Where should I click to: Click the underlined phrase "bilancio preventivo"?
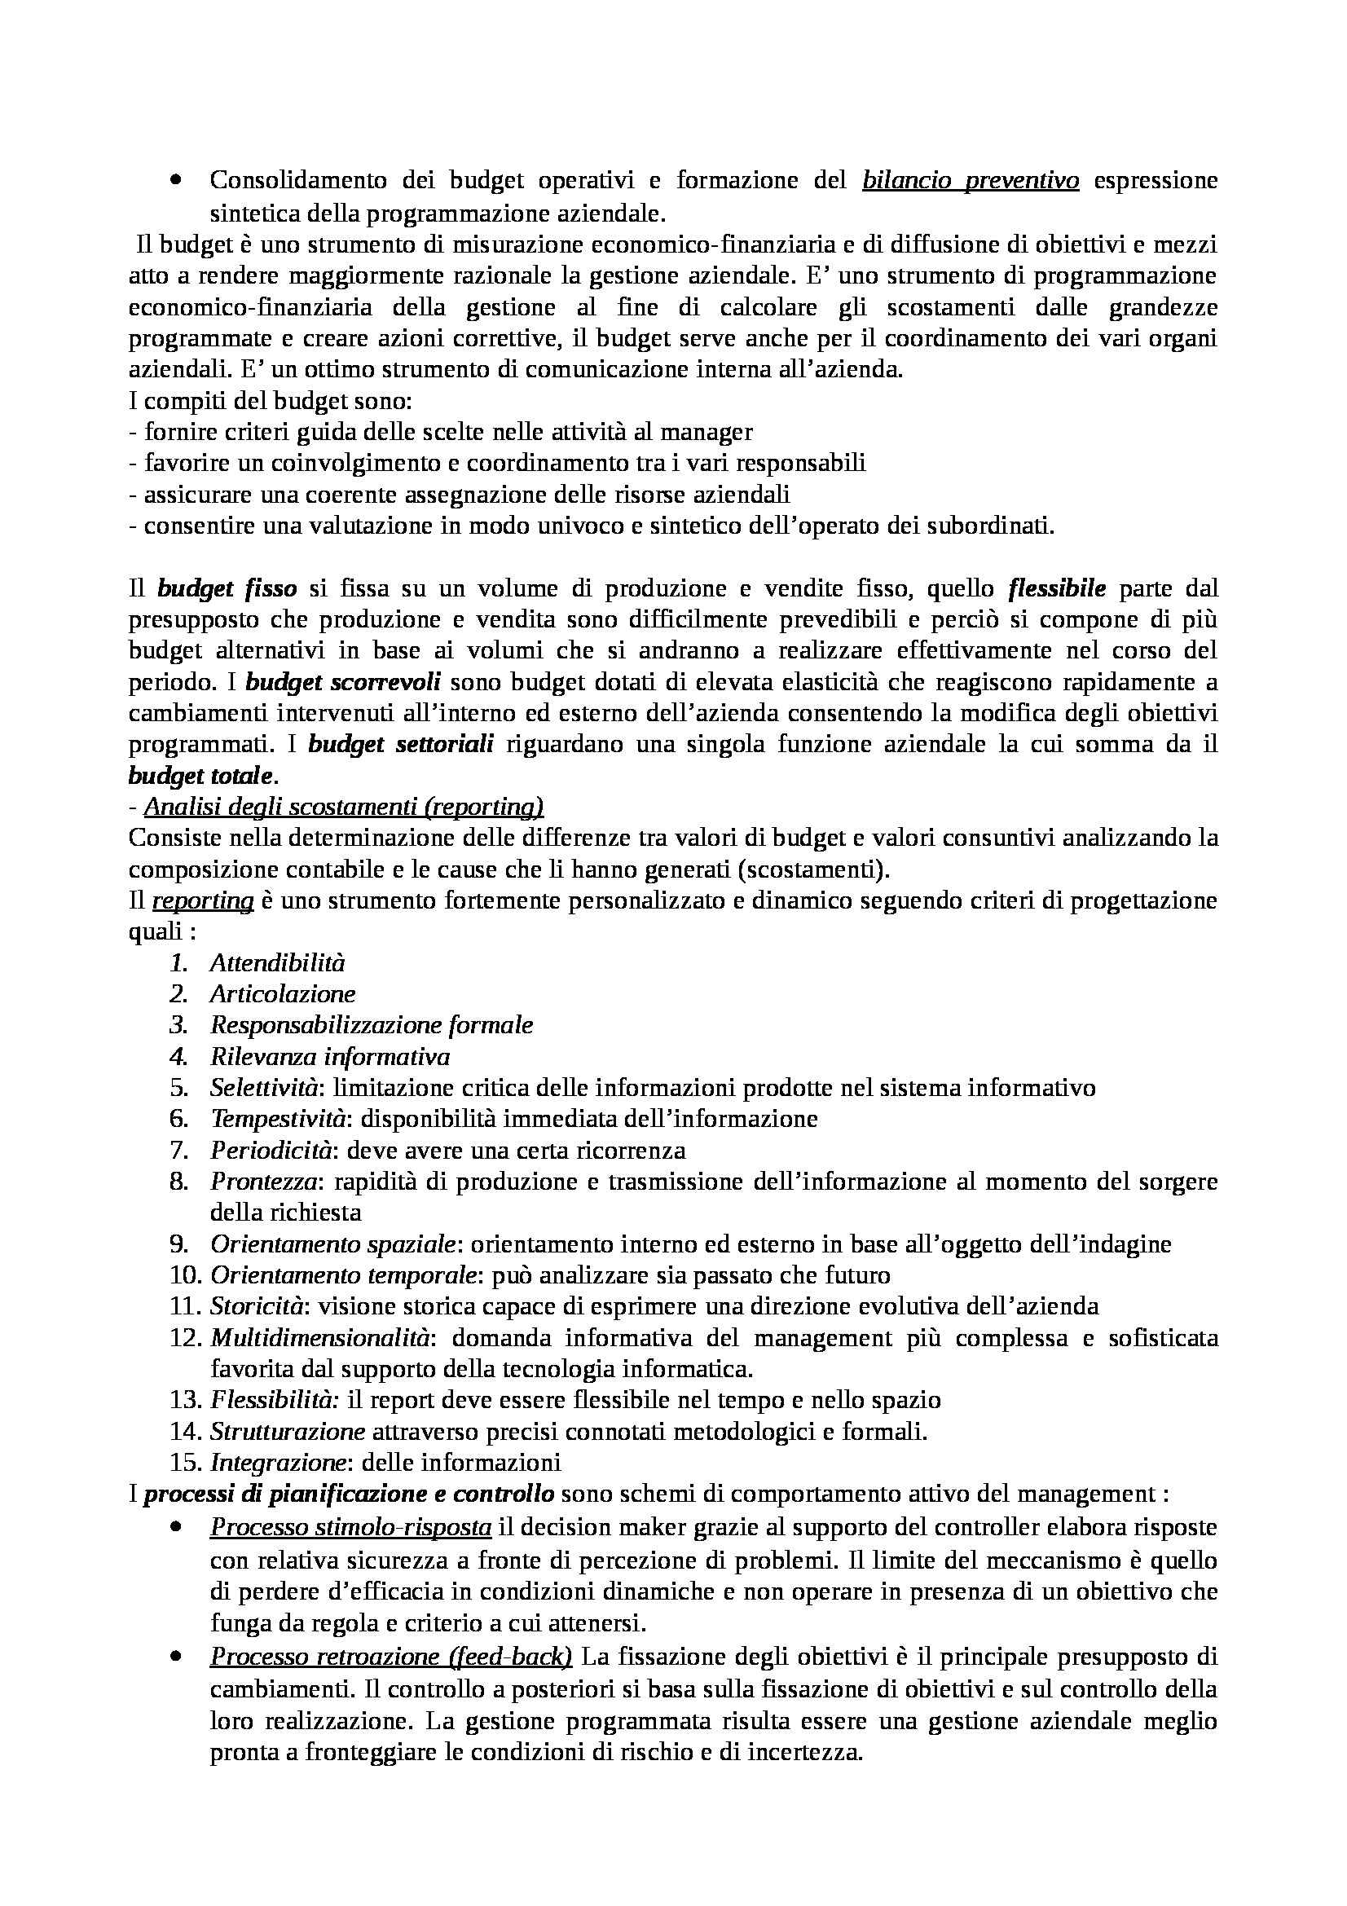pyautogui.click(x=971, y=180)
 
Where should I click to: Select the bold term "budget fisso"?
pyautogui.click(x=227, y=588)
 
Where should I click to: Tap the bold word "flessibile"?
pyautogui.click(x=1057, y=588)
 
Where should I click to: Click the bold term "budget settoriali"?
pyautogui.click(x=401, y=745)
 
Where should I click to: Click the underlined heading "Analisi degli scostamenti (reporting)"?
pyautogui.click(x=344, y=807)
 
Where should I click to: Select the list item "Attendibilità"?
pyautogui.click(x=277, y=963)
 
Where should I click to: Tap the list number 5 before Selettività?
pyautogui.click(x=179, y=1089)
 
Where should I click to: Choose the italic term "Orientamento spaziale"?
pyautogui.click(x=332, y=1244)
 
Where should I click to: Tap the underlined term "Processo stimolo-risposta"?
pyautogui.click(x=351, y=1527)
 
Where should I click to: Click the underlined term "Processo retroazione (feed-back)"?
pyautogui.click(x=391, y=1657)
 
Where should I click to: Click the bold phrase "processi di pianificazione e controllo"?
pyautogui.click(x=350, y=1494)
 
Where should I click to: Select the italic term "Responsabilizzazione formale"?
pyautogui.click(x=371, y=1025)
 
